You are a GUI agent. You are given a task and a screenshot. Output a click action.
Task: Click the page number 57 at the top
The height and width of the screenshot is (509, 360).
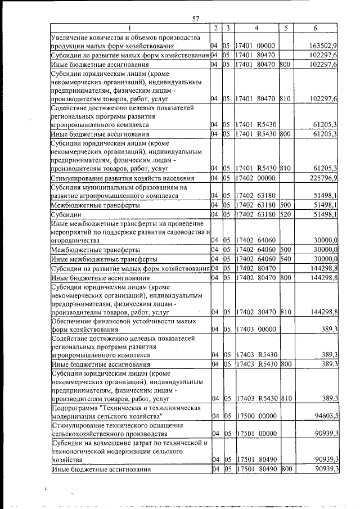196,19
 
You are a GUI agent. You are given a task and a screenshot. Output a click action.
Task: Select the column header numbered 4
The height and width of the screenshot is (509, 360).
256,28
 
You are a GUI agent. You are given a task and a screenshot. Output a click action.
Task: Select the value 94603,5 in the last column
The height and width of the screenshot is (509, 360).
323,416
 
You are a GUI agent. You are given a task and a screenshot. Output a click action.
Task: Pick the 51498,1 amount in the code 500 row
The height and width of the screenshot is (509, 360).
323,205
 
